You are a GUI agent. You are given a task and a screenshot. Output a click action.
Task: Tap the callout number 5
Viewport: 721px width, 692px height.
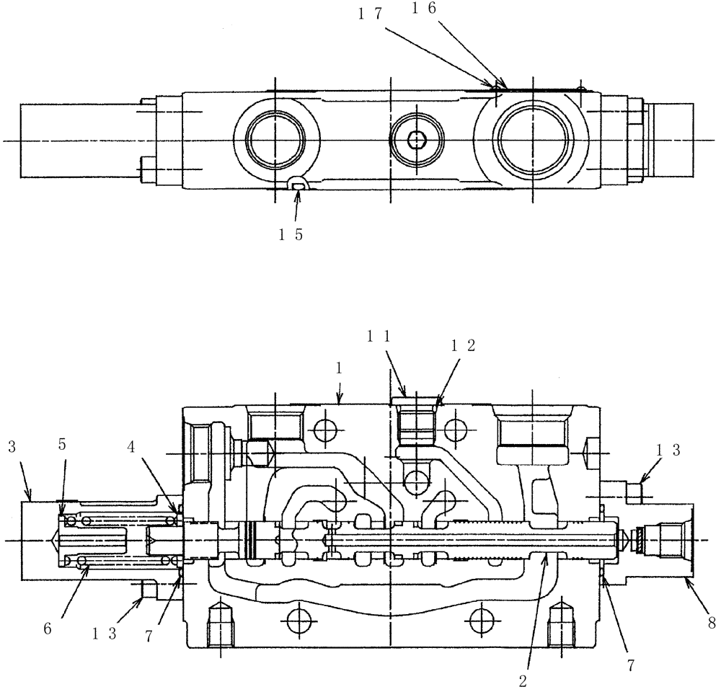coord(63,444)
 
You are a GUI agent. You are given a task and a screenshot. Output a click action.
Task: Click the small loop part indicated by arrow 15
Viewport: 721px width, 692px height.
coord(298,186)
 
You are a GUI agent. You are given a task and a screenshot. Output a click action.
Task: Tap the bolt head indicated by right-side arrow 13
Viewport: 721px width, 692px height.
coord(634,492)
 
